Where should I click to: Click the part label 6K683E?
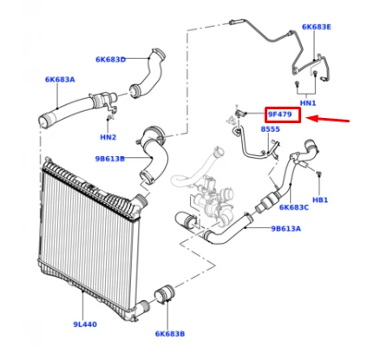coord(317,27)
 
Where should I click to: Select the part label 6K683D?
coord(111,60)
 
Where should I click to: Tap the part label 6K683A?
coord(60,80)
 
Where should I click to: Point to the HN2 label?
coord(108,137)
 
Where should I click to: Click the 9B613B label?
coord(110,159)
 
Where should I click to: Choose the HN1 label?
coord(308,103)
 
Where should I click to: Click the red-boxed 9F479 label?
coord(280,115)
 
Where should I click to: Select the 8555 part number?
coord(271,129)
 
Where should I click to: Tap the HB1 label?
coord(320,200)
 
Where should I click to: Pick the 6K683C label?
coord(294,207)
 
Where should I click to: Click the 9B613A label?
coord(285,229)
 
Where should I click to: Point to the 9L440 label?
coord(85,324)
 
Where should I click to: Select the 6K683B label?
coord(170,334)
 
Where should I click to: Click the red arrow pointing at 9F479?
coord(328,119)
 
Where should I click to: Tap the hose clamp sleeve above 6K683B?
coord(165,295)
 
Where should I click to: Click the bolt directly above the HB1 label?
coord(318,173)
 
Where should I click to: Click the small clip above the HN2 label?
coord(109,117)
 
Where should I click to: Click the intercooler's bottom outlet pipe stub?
coord(142,307)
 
